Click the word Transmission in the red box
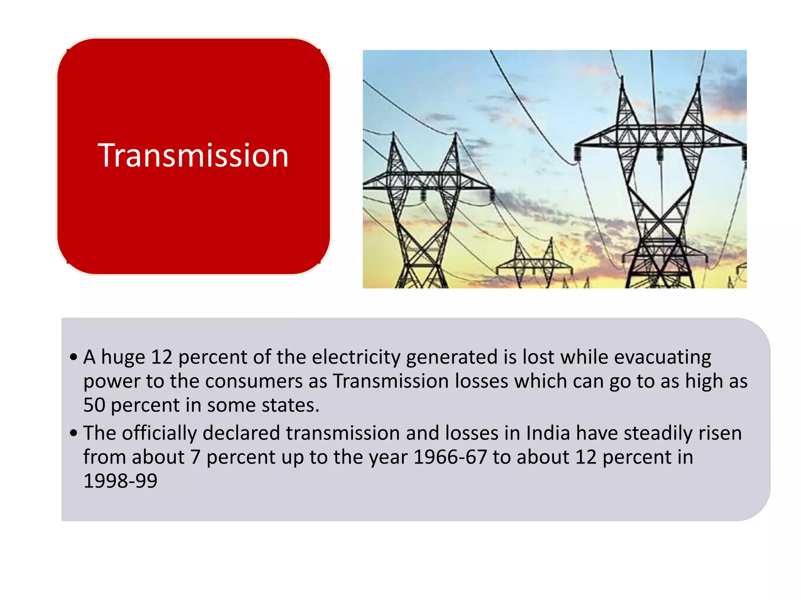pos(193,155)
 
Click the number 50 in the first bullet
pos(94,405)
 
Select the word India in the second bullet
pos(548,433)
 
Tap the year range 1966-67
pos(450,457)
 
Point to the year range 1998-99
pos(120,481)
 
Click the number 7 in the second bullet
pos(195,457)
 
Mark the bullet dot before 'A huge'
pos(74,357)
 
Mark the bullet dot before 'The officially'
pos(74,433)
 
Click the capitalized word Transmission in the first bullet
pos(391,381)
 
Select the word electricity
pos(356,357)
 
